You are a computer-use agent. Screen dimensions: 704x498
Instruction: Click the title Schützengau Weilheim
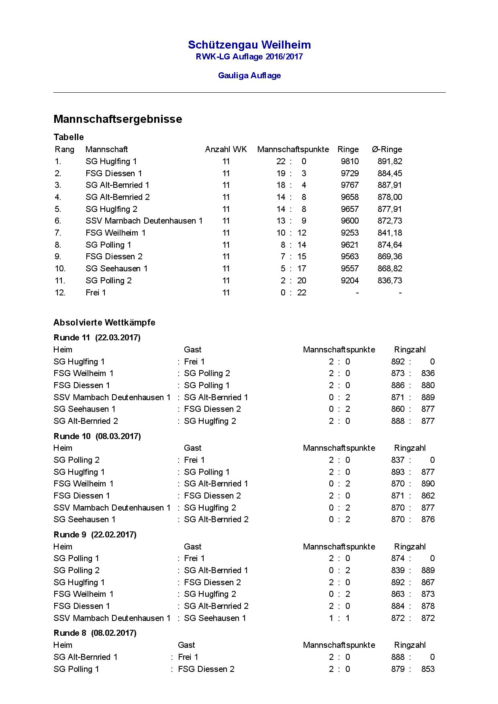tap(249, 45)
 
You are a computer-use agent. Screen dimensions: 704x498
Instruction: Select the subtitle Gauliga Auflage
tap(249, 75)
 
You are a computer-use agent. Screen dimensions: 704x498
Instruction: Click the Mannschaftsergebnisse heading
tap(118, 119)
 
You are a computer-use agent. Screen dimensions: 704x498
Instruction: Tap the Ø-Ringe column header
tap(387, 150)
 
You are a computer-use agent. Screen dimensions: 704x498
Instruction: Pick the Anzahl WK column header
tap(226, 150)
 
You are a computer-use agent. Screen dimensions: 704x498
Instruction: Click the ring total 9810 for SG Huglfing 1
tap(350, 161)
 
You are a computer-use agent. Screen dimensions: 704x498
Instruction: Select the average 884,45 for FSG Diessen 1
tap(390, 173)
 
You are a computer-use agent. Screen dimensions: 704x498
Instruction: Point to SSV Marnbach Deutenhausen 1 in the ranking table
tap(144, 221)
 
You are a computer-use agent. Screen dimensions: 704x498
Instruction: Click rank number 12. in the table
tap(60, 293)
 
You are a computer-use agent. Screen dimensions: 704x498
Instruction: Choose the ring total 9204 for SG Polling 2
tap(350, 281)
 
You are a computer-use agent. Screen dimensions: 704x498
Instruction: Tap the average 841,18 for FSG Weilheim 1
tap(390, 233)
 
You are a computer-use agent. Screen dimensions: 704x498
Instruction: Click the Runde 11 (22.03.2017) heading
tap(97, 338)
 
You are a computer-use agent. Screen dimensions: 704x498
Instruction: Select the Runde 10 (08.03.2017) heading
tap(97, 436)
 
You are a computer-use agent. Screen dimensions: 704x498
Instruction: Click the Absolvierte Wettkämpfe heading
tap(104, 323)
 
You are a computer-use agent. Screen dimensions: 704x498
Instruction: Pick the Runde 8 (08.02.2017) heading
tap(95, 633)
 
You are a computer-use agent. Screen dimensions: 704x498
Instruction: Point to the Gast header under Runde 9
tap(192, 547)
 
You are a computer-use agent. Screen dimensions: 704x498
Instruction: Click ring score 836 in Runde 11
tap(428, 373)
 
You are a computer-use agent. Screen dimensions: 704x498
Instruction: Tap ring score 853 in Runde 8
tap(428, 669)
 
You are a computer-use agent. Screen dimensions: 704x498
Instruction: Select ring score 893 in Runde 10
tap(398, 472)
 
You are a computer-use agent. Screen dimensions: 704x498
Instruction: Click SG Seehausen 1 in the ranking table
tap(116, 269)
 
